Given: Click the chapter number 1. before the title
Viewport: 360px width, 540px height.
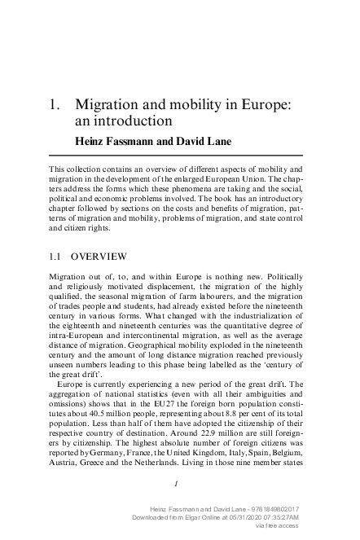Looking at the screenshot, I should tap(56, 106).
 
